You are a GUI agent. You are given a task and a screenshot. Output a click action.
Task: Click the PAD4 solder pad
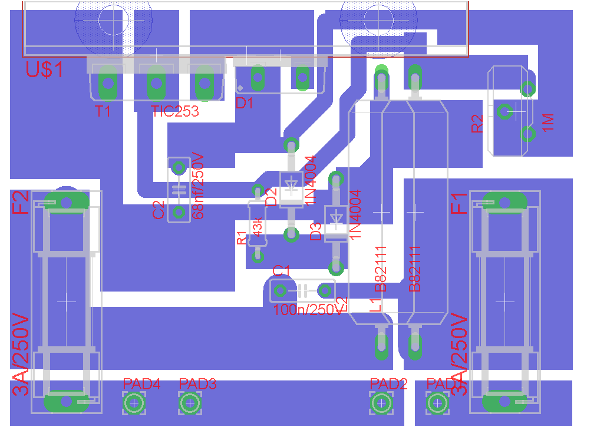click(x=134, y=403)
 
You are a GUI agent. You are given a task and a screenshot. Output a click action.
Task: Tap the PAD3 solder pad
click(x=189, y=403)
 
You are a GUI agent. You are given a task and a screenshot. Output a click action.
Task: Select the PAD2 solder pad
click(x=381, y=403)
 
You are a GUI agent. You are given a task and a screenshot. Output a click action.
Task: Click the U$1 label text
click(x=45, y=70)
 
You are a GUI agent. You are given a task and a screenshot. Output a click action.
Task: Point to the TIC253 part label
click(x=175, y=111)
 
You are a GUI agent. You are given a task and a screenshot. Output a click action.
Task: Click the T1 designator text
click(x=103, y=111)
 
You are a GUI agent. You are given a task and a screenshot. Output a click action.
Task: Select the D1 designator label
click(x=244, y=104)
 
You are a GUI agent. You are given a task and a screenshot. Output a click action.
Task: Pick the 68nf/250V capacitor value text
click(x=198, y=186)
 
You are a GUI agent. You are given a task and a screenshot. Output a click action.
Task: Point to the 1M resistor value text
click(x=547, y=123)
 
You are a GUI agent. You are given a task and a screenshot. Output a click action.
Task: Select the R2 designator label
click(x=477, y=123)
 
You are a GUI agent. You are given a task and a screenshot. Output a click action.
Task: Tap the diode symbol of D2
click(x=291, y=186)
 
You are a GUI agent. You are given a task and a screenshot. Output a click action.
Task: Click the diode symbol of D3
click(x=336, y=219)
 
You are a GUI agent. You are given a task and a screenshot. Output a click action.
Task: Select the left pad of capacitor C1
click(x=280, y=290)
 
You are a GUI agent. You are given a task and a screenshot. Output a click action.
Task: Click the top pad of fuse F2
click(x=66, y=201)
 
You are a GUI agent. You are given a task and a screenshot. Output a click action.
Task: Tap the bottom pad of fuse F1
click(x=504, y=402)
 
